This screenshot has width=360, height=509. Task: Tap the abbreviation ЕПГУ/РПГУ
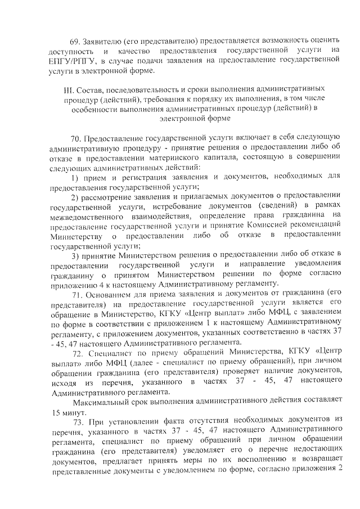(73, 61)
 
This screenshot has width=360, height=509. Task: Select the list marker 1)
(75, 178)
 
